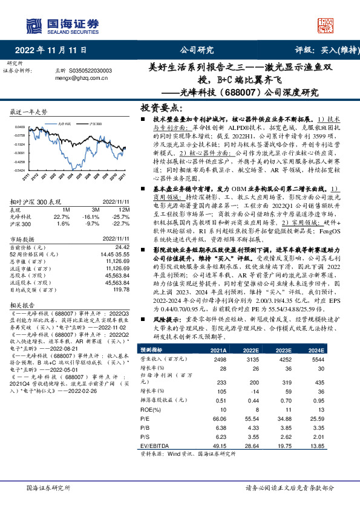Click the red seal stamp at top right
pos(326,24)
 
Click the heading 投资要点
pos(162,108)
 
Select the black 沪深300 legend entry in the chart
pos(94,122)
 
